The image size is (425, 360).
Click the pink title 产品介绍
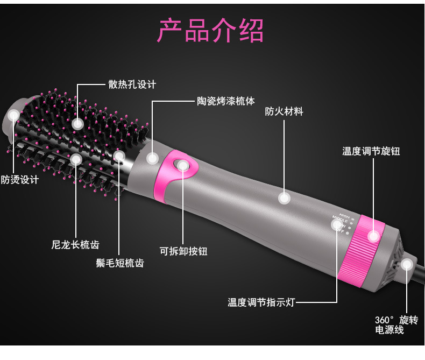tap(210, 30)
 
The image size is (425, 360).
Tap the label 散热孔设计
tap(132, 84)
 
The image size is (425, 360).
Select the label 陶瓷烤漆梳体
tap(226, 101)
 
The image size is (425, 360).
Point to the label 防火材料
tap(284, 111)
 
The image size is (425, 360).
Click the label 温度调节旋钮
tap(371, 151)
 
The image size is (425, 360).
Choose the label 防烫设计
tap(19, 179)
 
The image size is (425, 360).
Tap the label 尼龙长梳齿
tap(75, 244)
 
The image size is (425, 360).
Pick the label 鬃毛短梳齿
tap(120, 263)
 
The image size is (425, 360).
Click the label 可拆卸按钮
tap(183, 251)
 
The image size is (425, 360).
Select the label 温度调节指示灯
tap(261, 302)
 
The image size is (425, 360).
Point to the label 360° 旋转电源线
tap(396, 325)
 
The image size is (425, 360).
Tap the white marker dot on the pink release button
tap(183, 165)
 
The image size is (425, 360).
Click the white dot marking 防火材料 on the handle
tap(284, 198)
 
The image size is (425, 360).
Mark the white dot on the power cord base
tap(407, 264)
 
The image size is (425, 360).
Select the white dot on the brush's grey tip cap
tap(13, 115)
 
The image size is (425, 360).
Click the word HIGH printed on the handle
tap(344, 216)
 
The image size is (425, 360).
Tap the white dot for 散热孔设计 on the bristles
tap(77, 124)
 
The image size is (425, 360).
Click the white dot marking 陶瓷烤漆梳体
tap(152, 158)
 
